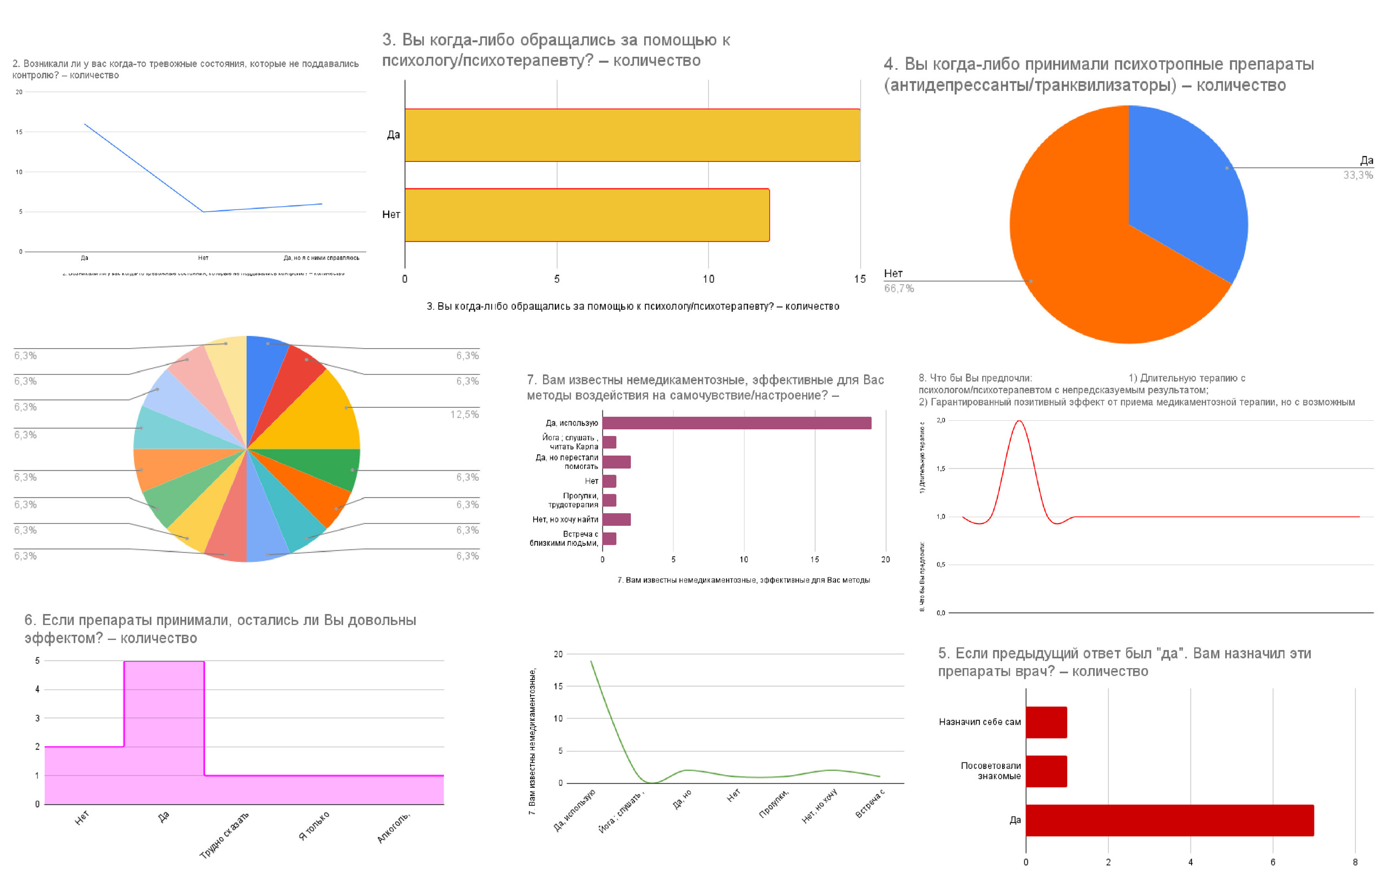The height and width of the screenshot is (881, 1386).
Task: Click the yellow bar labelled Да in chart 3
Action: point(632,135)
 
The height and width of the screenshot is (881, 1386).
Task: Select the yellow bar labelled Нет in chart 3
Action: point(587,215)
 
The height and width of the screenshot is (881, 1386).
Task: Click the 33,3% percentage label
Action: point(1358,175)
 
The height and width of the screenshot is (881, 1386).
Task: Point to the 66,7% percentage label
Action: point(899,289)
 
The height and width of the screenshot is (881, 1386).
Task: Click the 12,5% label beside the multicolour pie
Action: point(464,415)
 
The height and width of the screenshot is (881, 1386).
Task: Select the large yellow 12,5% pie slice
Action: point(322,415)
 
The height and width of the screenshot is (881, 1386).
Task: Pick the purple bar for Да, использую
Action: point(737,423)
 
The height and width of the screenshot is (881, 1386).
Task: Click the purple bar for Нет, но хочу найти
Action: point(617,519)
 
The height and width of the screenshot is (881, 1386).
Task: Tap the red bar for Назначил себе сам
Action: point(1046,722)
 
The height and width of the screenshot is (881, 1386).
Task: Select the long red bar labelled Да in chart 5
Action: point(1169,820)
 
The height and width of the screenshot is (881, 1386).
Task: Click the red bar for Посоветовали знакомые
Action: point(1046,771)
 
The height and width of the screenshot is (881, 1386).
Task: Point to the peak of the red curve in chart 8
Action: point(1019,421)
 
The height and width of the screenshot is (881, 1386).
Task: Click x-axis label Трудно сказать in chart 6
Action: point(225,834)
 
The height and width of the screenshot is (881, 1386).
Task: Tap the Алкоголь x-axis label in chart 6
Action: point(394,827)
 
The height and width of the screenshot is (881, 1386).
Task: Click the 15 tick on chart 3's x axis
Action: point(859,279)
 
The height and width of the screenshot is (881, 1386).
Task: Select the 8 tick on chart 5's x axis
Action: point(1355,862)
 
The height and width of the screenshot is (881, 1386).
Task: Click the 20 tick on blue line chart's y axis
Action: point(19,92)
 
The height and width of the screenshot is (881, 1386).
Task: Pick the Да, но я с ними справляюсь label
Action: point(321,258)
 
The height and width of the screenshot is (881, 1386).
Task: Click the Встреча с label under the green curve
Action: point(869,803)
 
